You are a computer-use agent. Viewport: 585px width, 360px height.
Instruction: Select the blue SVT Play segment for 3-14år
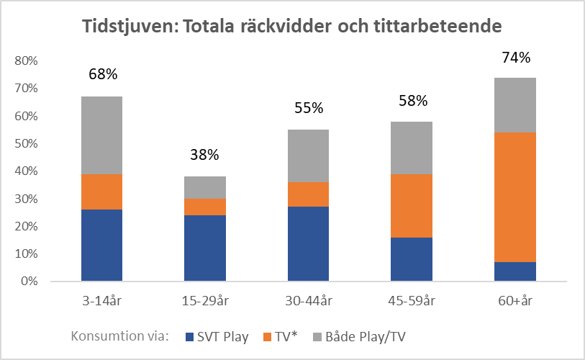[101, 245]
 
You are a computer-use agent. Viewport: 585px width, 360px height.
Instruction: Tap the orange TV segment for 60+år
[514, 197]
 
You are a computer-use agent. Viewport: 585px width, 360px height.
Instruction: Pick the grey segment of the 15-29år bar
[205, 187]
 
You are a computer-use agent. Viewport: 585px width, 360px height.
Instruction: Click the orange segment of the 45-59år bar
[412, 204]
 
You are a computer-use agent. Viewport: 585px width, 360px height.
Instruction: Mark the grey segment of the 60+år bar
[514, 105]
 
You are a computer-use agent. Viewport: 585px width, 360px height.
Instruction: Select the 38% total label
[205, 155]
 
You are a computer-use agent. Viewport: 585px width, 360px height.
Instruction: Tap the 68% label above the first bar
[102, 73]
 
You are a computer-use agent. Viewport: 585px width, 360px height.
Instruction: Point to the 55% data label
[309, 108]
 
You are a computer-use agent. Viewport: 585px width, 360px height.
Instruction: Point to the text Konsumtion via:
[119, 336]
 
